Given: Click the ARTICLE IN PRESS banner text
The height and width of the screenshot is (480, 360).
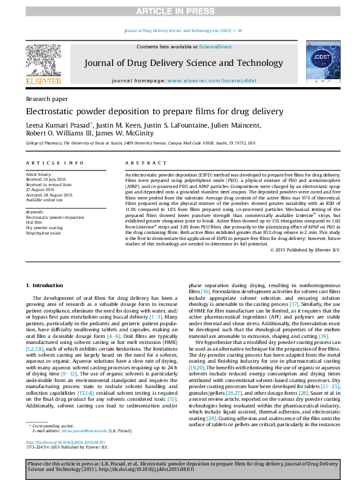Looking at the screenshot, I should coord(180,11).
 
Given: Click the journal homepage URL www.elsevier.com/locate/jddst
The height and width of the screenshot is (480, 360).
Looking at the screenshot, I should coord(212,80).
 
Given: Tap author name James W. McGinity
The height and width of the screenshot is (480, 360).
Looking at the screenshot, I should coord(128,134).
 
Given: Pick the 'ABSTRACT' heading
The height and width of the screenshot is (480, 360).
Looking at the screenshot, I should coord(145,163).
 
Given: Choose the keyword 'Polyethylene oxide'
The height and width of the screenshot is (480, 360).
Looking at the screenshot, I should coord(44,232).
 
